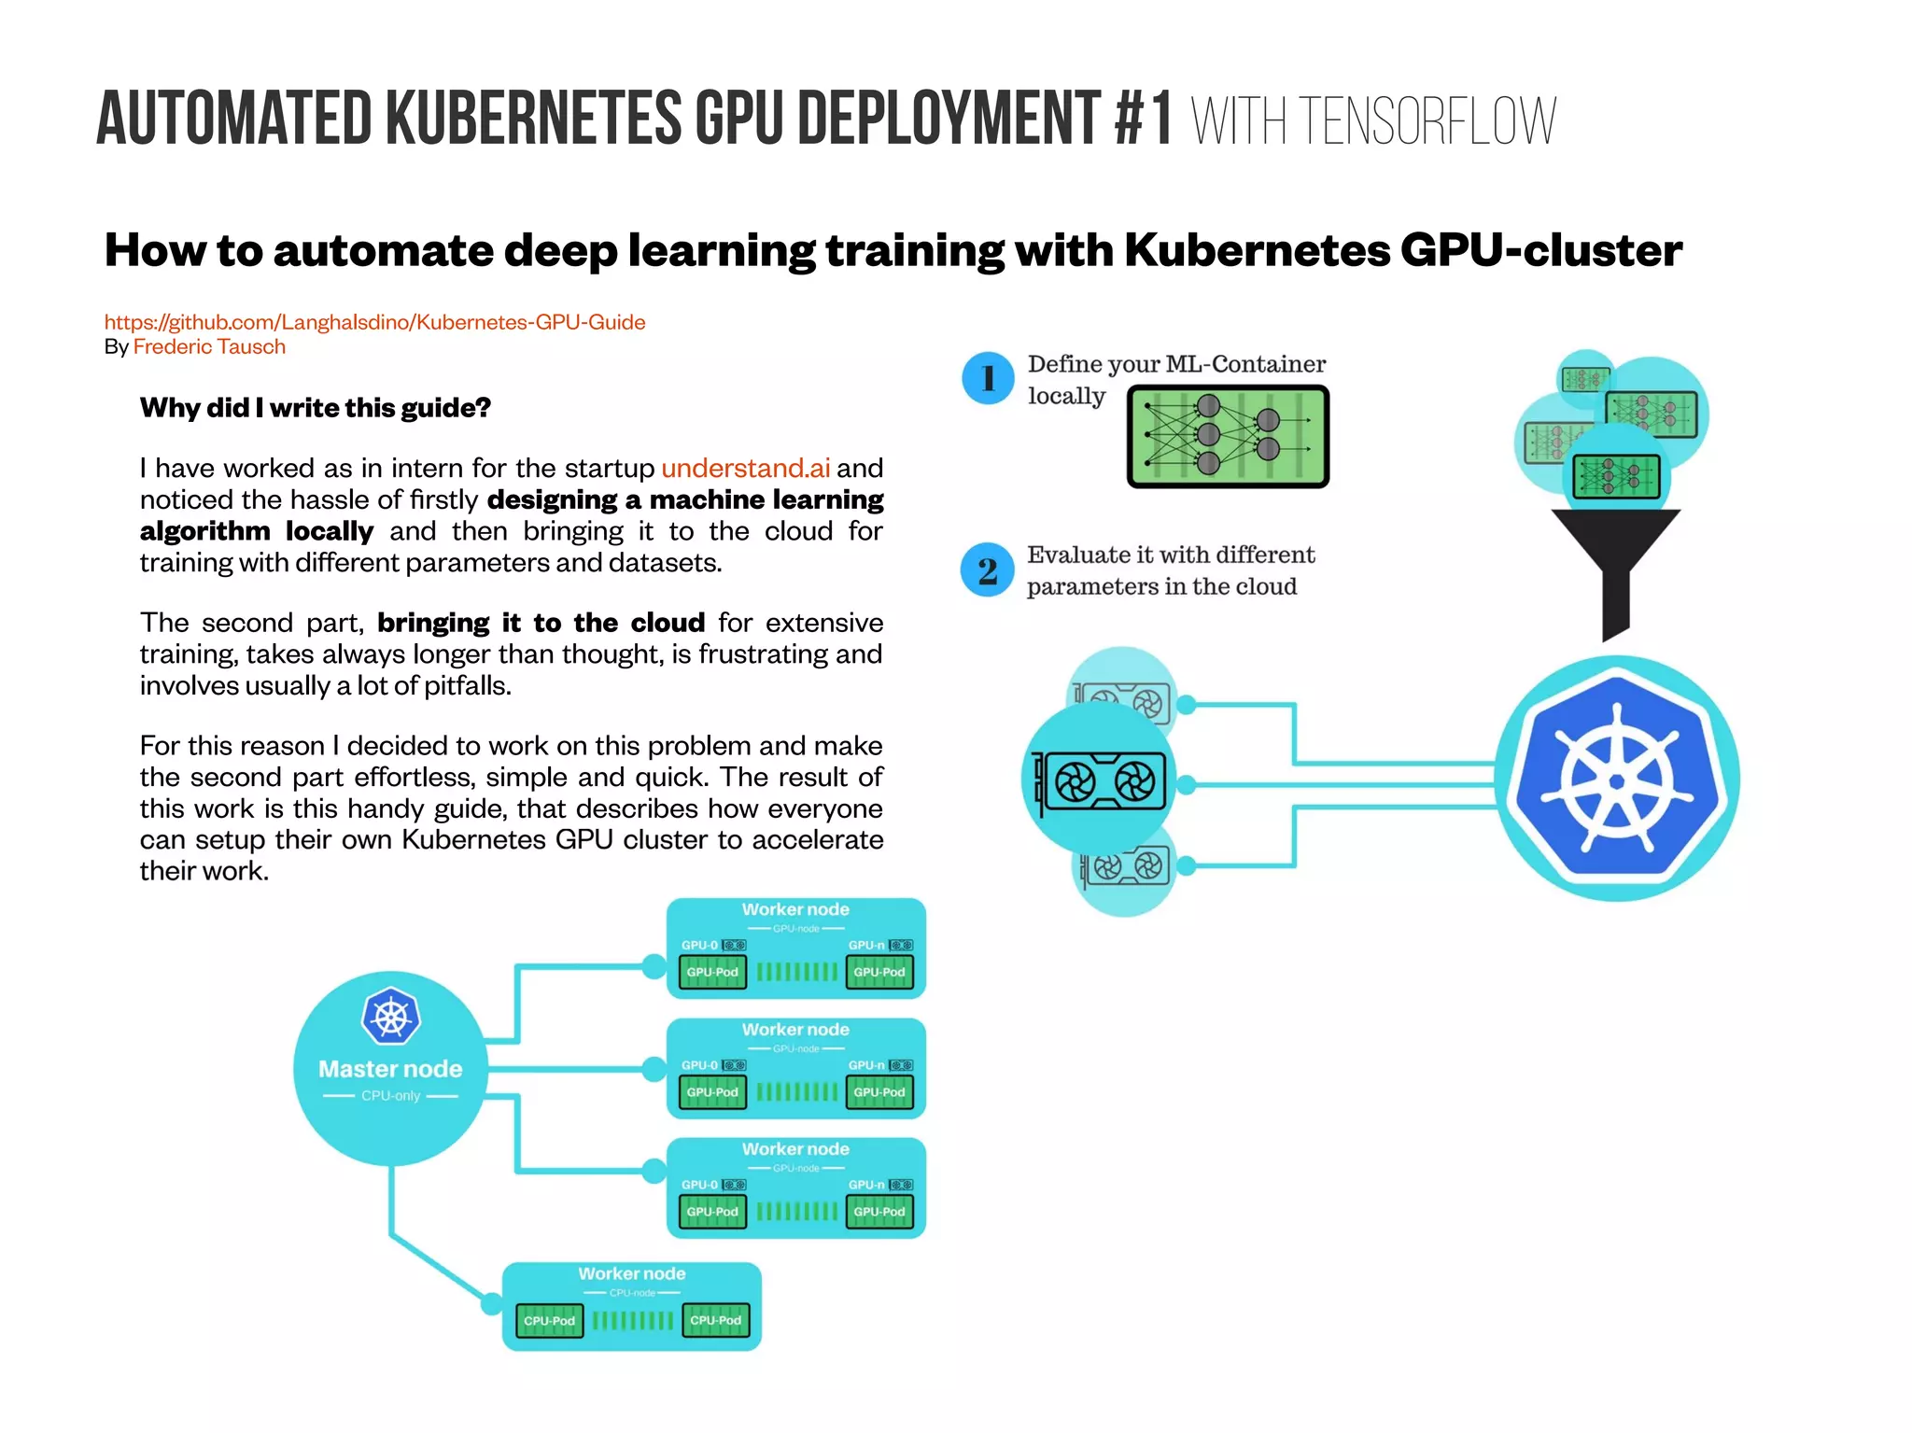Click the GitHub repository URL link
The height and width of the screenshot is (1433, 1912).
click(x=374, y=322)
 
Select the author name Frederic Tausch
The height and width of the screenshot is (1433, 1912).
click(x=209, y=347)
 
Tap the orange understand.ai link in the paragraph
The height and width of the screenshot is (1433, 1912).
click(x=745, y=468)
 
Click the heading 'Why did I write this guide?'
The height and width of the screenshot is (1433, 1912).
click(x=315, y=408)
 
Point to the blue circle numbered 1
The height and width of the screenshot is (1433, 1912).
click(x=988, y=379)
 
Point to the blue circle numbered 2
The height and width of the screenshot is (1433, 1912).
click(x=988, y=570)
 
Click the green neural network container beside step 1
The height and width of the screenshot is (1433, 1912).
click(x=1228, y=437)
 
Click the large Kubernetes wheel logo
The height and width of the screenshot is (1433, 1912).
click(x=1617, y=780)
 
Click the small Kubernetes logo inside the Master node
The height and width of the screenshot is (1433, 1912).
click(x=390, y=1017)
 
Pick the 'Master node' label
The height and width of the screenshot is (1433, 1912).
click(x=390, y=1069)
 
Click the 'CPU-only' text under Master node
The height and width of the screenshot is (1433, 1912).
click(x=390, y=1096)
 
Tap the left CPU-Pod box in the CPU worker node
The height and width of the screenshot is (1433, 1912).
click(x=549, y=1321)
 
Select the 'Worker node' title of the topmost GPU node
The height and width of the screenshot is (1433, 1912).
click(x=795, y=909)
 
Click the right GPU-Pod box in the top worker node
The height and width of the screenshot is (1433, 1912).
click(x=879, y=973)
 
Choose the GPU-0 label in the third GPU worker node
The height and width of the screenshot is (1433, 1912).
click(x=699, y=1185)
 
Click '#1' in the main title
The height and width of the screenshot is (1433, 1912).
click(x=1144, y=119)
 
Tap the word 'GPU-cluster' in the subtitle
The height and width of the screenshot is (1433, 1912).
click(x=1540, y=250)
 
